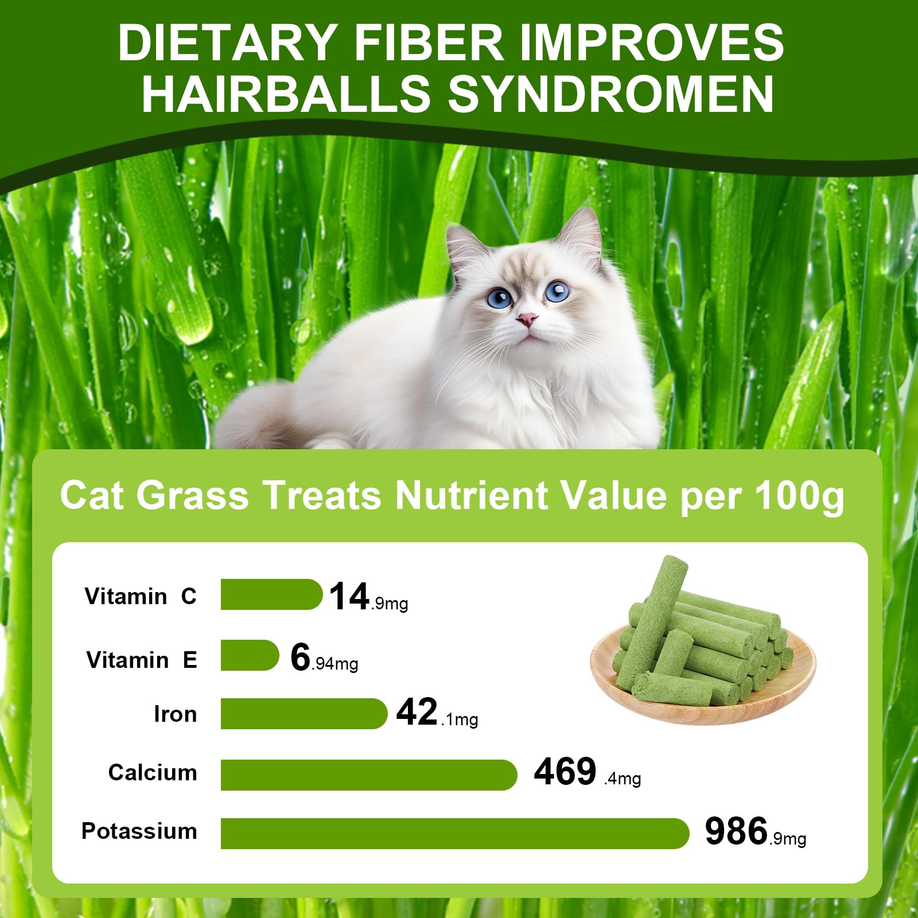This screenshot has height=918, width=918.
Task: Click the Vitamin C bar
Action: tap(271, 594)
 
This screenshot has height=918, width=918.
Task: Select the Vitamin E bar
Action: tap(249, 655)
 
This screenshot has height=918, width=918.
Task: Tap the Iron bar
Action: tap(304, 714)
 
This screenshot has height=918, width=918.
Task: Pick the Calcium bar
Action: tap(368, 775)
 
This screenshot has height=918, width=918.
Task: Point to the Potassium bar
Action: tap(454, 834)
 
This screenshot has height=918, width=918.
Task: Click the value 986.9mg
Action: tap(754, 833)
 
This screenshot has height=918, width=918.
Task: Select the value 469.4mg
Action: tap(586, 772)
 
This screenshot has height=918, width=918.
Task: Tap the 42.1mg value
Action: tap(437, 713)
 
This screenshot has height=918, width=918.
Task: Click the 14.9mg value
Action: tap(368, 597)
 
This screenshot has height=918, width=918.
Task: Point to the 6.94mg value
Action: tap(324, 658)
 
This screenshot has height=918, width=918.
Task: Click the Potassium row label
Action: tap(139, 831)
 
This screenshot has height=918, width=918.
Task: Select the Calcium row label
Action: tap(153, 773)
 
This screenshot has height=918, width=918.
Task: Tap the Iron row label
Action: tap(175, 714)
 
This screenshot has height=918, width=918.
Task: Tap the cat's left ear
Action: tap(464, 247)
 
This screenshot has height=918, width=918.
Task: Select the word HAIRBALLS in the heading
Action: tap(286, 94)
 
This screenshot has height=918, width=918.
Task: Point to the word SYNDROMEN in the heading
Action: tap(610, 94)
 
